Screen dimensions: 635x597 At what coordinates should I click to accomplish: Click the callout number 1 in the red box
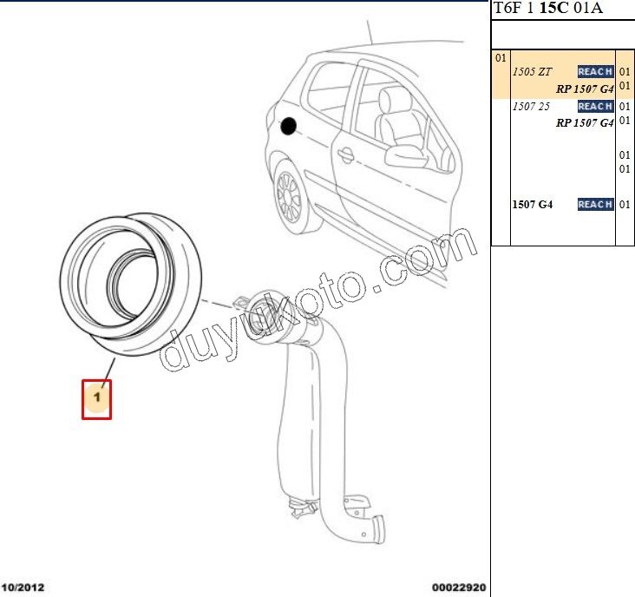97,397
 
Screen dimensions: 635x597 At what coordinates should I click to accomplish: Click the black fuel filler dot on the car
288,127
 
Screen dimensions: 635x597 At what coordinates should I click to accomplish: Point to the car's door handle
345,154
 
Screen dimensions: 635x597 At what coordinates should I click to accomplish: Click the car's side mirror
406,155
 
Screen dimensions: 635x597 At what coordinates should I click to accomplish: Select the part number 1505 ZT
532,72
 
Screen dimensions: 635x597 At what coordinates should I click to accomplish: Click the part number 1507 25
531,107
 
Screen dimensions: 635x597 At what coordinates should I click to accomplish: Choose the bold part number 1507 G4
532,204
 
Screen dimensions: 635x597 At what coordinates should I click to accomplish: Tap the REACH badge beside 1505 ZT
595,72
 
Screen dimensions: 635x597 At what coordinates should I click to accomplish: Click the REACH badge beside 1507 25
595,107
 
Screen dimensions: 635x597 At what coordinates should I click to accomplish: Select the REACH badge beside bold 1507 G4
595,204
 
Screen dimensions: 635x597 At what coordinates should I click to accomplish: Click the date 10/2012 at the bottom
23,587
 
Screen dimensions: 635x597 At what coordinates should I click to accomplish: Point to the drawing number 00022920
459,587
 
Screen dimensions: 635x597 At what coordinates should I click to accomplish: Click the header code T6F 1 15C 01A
548,8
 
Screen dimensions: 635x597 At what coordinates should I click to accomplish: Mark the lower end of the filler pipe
376,530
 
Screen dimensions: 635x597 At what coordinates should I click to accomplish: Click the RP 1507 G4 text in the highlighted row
586,89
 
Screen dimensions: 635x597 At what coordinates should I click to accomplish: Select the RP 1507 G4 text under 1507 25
586,122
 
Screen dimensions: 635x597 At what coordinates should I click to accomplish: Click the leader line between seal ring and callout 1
108,372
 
